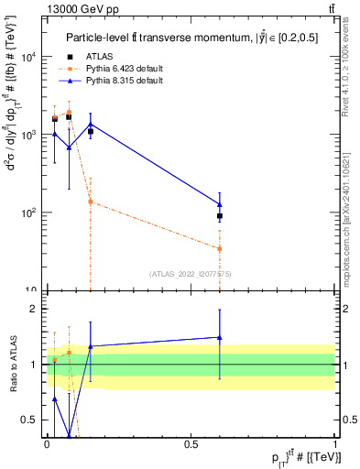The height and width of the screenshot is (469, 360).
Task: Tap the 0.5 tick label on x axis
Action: [x=191, y=443]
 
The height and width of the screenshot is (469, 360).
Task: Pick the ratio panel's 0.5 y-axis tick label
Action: [x=29, y=420]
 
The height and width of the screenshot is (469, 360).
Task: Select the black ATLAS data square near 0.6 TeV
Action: [x=220, y=216]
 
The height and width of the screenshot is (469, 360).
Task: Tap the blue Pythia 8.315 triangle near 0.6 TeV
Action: [x=220, y=204]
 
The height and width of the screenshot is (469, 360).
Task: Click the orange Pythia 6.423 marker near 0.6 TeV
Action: [x=220, y=248]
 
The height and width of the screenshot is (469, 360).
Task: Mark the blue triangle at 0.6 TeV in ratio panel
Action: [x=220, y=337]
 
